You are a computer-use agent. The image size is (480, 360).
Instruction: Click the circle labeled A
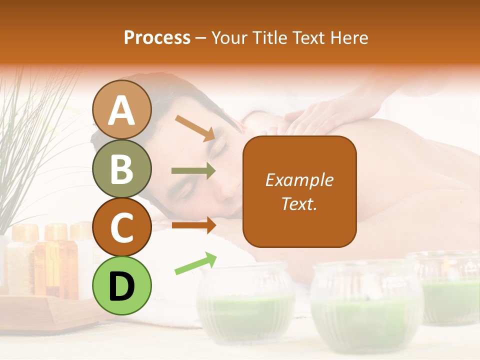click(122, 109)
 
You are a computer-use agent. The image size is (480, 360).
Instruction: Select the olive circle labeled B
click(122, 168)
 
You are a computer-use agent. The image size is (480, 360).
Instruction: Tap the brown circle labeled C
click(122, 227)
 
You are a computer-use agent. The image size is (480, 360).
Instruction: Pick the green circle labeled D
click(122, 285)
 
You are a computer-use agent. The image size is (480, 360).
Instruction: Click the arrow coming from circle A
click(195, 127)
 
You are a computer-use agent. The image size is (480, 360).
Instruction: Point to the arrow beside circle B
click(193, 171)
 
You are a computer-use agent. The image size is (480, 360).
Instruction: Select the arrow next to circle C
click(193, 225)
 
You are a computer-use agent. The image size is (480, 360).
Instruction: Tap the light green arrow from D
click(195, 263)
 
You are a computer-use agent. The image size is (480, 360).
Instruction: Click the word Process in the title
click(157, 38)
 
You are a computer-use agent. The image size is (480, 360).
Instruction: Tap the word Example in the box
click(299, 180)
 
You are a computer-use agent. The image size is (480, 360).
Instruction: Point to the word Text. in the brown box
click(299, 203)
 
